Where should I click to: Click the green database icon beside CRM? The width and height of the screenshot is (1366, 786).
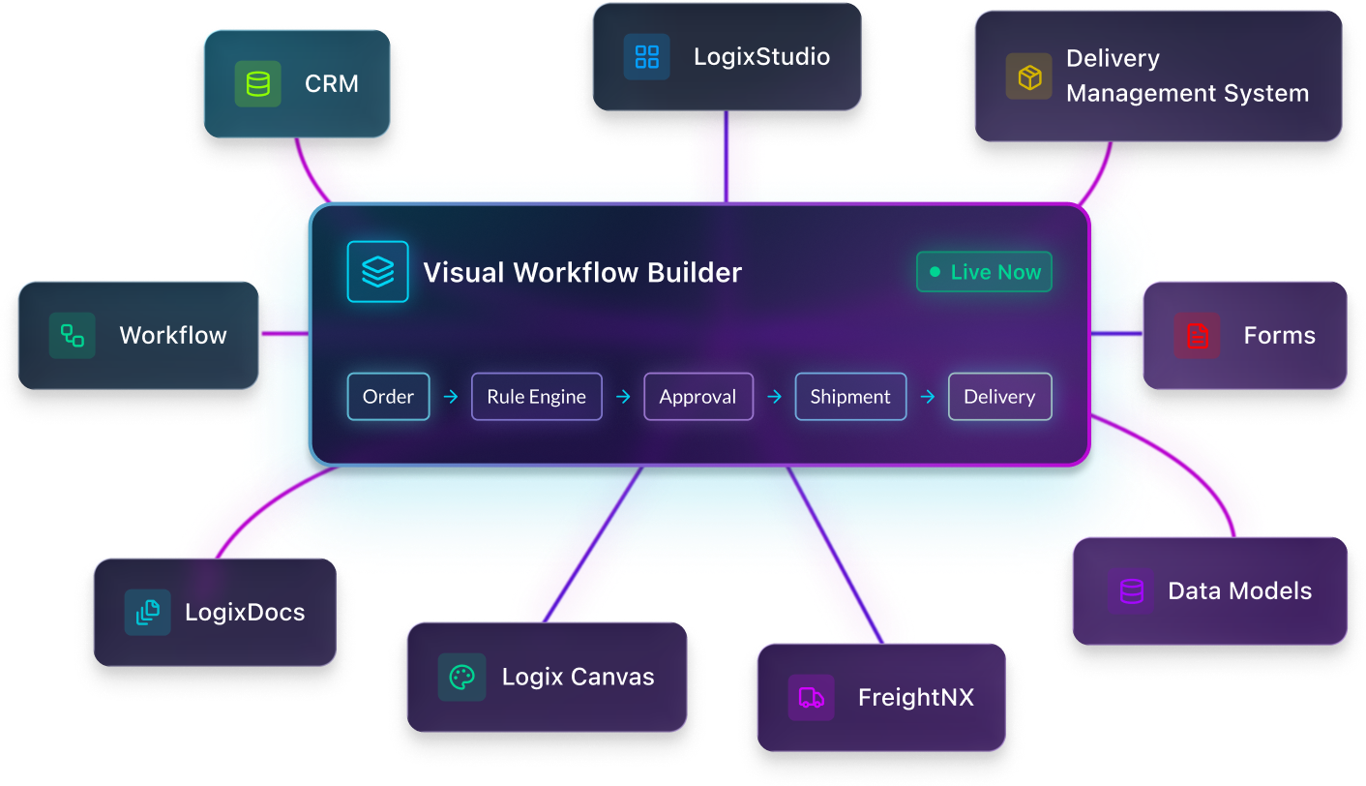(257, 84)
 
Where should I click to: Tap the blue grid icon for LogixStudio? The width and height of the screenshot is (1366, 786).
(646, 57)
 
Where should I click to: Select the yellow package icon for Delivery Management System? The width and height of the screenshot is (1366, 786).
(1028, 76)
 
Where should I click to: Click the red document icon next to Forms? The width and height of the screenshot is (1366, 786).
(1198, 336)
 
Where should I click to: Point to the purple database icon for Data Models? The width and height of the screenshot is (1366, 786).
(1130, 591)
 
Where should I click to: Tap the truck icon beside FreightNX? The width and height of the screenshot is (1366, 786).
(811, 698)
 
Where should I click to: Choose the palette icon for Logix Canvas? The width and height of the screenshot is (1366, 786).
(461, 678)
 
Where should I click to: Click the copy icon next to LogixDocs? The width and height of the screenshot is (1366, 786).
(147, 613)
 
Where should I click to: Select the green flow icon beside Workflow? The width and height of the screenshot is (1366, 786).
(73, 336)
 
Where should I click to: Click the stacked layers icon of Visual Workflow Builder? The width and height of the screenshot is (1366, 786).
(377, 272)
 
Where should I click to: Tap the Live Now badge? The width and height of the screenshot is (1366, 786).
(984, 272)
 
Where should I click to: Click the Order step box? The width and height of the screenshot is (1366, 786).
(388, 397)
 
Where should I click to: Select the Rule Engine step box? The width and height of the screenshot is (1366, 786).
(536, 397)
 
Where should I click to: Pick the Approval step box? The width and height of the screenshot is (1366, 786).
(698, 397)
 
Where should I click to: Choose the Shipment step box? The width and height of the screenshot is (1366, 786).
(850, 397)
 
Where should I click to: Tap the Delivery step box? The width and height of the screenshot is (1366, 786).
(999, 397)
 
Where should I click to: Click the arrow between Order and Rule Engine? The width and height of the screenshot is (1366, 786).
(450, 397)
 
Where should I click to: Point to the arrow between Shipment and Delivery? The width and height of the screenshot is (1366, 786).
(927, 397)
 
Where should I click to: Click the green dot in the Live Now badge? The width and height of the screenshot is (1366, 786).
(935, 273)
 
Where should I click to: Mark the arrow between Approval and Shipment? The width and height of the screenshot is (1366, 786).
(774, 397)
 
